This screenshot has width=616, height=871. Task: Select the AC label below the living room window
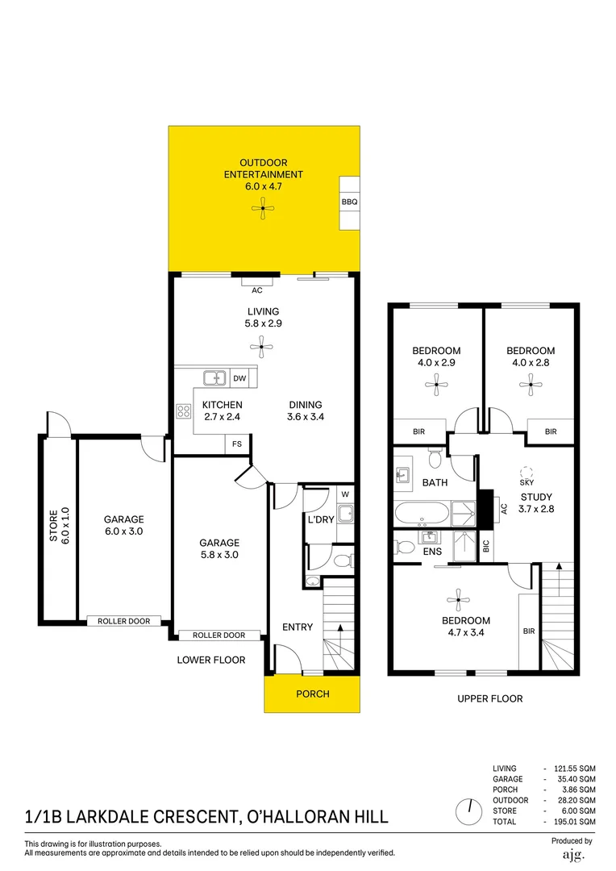click(257, 290)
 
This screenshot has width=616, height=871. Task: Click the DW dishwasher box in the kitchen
click(239, 377)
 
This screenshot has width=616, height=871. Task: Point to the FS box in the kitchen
click(237, 444)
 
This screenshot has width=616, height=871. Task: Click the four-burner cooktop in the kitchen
click(184, 411)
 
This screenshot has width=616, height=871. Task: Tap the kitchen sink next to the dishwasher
click(215, 377)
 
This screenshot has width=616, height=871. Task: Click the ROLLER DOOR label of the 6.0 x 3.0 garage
click(123, 621)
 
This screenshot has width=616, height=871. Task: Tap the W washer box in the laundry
click(344, 494)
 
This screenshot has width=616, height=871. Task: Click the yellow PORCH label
click(312, 694)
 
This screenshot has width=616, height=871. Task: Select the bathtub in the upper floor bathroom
click(422, 513)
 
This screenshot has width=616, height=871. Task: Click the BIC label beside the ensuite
click(485, 546)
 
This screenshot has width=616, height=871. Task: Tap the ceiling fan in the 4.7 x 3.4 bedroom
click(458, 598)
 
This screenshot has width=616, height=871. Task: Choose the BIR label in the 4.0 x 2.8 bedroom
click(550, 432)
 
